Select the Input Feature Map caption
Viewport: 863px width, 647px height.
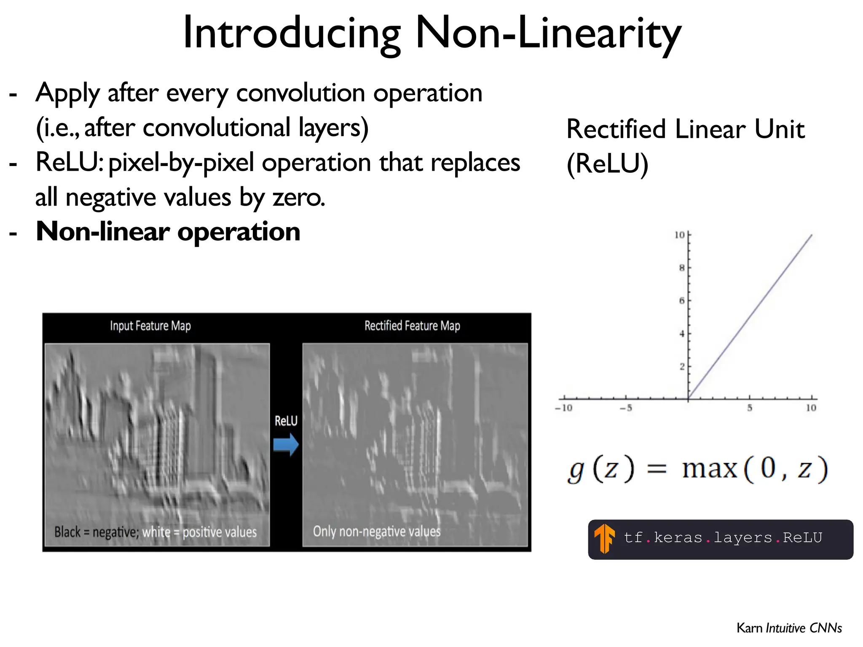(x=150, y=326)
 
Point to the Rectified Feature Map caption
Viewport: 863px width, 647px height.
(x=412, y=326)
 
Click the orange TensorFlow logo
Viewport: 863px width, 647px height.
(x=605, y=538)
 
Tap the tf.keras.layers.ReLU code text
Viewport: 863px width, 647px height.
(x=723, y=538)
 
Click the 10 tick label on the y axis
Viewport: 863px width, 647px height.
(x=679, y=235)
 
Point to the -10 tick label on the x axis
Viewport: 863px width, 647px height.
(x=564, y=408)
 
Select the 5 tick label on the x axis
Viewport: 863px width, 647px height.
(x=750, y=408)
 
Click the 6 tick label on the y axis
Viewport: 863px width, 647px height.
(x=682, y=301)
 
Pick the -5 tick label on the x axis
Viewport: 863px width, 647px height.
(x=626, y=408)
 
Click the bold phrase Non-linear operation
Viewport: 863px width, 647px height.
(x=168, y=232)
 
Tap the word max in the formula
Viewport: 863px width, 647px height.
(x=710, y=469)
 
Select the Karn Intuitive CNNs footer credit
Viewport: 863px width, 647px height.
(x=789, y=628)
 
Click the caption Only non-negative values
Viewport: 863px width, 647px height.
(x=377, y=532)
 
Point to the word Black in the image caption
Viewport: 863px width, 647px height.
(x=67, y=532)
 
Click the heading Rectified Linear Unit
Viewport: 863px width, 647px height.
(x=686, y=129)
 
